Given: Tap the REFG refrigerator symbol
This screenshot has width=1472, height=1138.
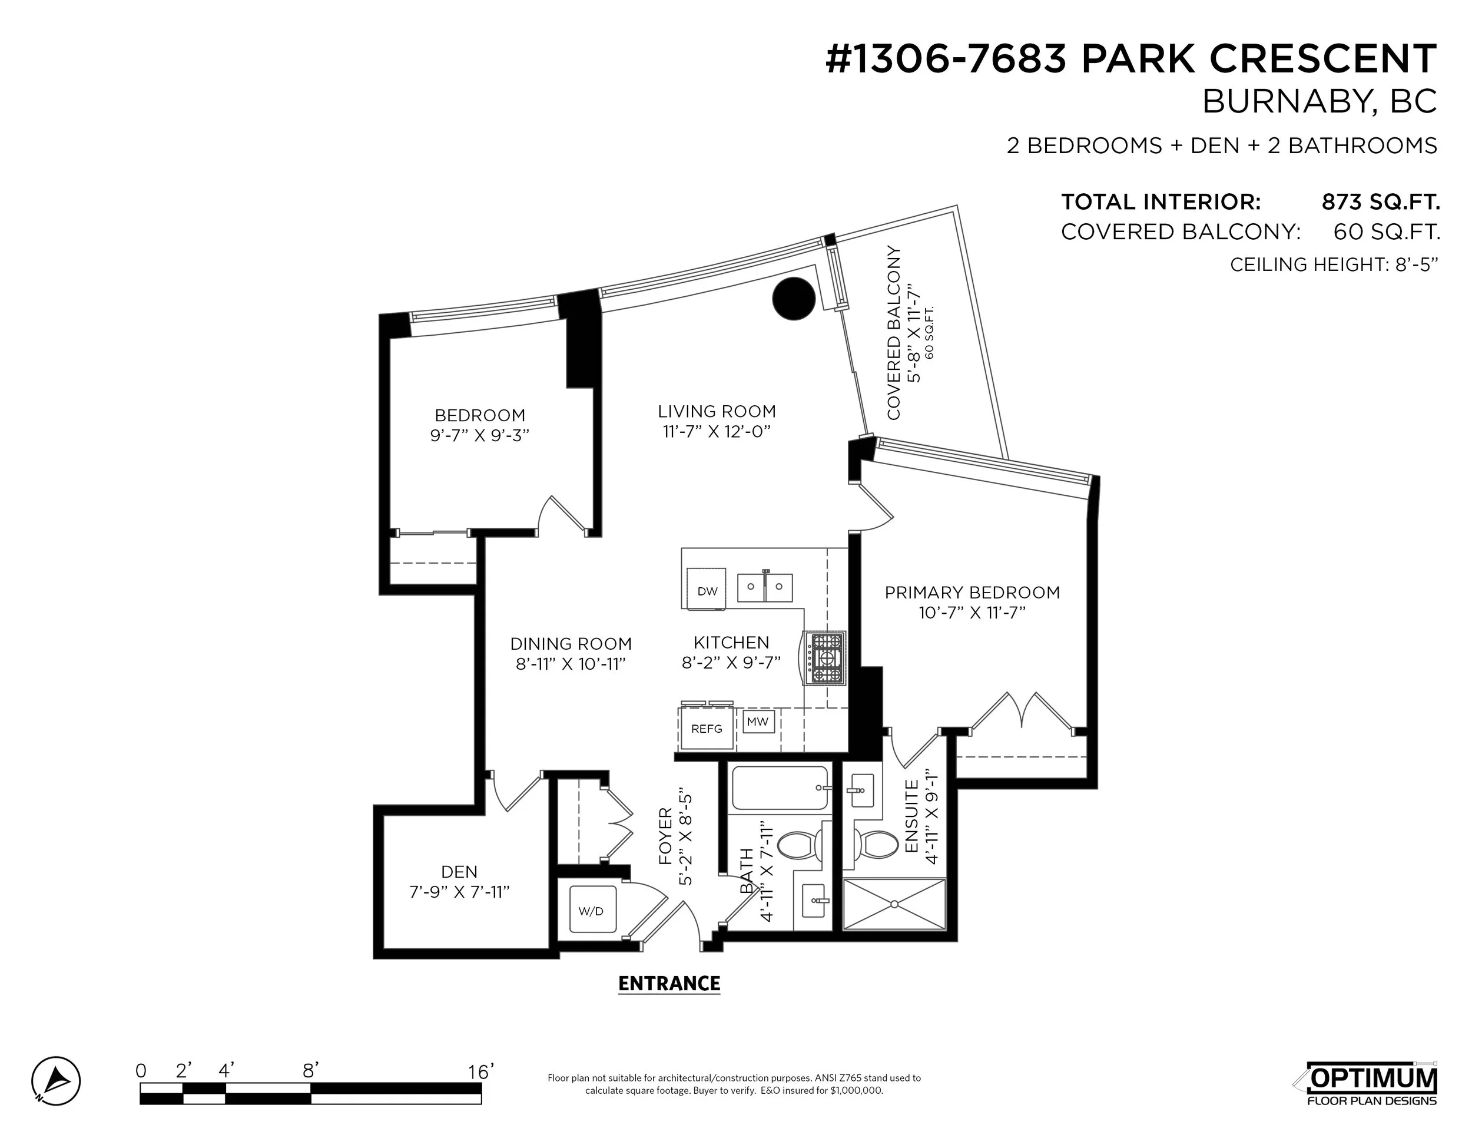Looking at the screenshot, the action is pos(707,728).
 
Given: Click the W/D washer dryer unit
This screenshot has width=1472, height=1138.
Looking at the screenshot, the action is pos(591,910).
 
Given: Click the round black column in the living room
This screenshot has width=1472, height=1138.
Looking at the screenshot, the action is pos(793,299).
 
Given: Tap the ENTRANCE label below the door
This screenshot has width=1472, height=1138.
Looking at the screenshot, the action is pos(669,984).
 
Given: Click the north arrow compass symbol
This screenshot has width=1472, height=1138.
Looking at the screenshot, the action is pos(56,1081).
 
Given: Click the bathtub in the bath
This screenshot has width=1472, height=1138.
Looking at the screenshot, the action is pos(779,788).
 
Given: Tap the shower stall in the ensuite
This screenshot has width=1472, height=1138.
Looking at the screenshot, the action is pos(895,904).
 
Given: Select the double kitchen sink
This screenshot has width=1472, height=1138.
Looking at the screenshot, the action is pos(764,587).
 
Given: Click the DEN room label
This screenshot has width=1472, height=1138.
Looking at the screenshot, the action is pos(459,872).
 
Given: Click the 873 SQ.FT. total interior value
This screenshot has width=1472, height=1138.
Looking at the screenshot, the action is pos(1380,201).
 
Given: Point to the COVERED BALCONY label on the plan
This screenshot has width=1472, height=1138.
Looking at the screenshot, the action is pos(894,332).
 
